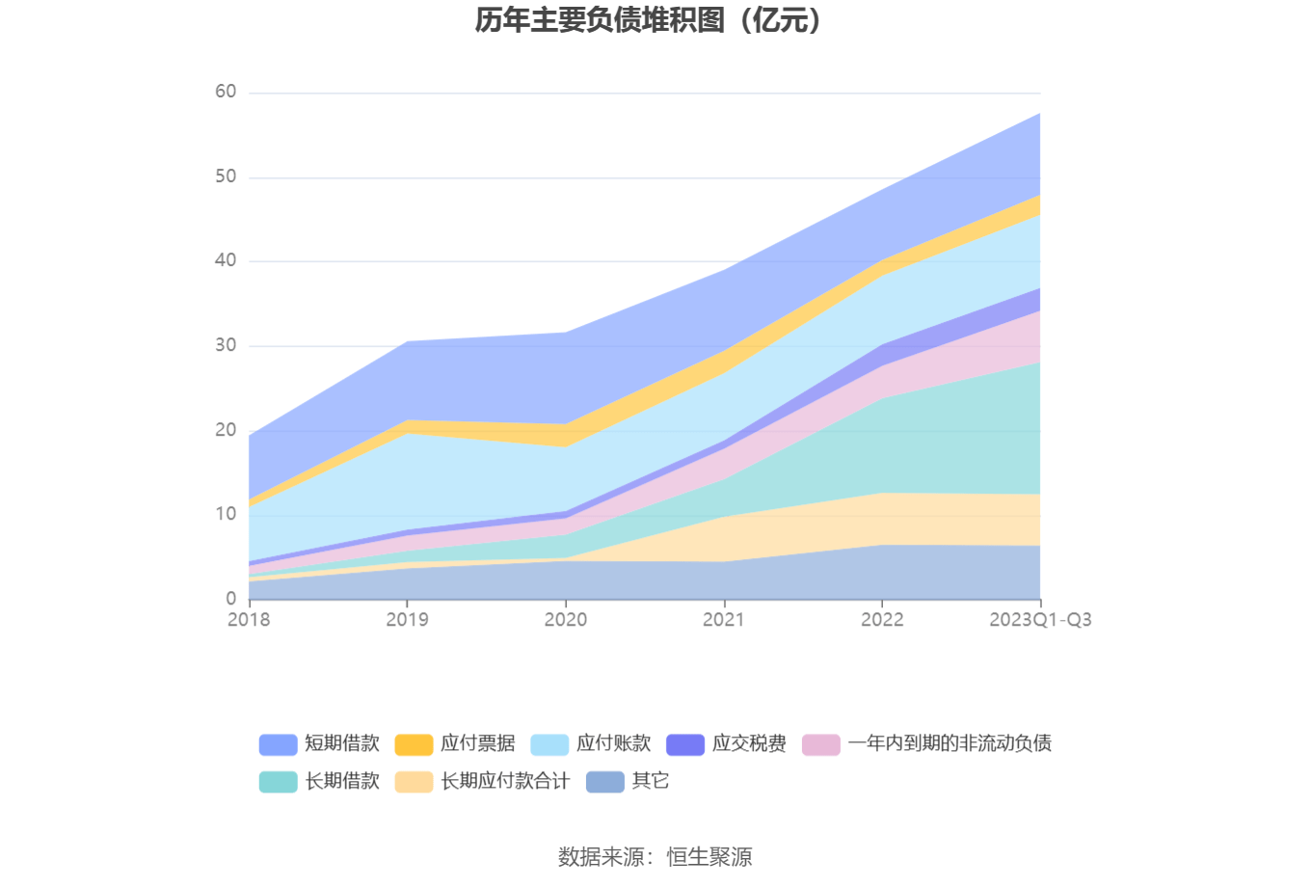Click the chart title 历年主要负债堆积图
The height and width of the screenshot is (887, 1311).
[648, 20]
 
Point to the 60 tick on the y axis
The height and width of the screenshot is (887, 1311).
[226, 92]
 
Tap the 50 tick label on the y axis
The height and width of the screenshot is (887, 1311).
[226, 176]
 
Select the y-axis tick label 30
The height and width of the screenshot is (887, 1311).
[226, 345]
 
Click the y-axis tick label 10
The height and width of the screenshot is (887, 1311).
[226, 514]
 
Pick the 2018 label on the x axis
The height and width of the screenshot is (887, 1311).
[249, 620]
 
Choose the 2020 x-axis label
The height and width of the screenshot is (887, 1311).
[565, 620]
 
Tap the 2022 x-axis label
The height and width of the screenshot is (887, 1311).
[882, 620]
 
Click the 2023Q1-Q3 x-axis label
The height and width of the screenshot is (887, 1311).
[1040, 620]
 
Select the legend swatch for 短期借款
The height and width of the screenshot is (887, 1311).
[278, 744]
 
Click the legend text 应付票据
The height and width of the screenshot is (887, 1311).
[477, 743]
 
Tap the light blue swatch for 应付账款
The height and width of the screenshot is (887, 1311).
[549, 744]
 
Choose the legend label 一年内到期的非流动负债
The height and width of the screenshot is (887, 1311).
[950, 743]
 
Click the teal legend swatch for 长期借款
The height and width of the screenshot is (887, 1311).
[278, 782]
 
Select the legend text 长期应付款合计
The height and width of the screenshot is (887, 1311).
[505, 781]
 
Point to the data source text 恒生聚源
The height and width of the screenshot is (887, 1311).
[709, 856]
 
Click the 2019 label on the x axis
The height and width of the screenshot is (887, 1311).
[407, 620]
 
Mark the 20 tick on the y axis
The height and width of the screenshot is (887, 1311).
[226, 430]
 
